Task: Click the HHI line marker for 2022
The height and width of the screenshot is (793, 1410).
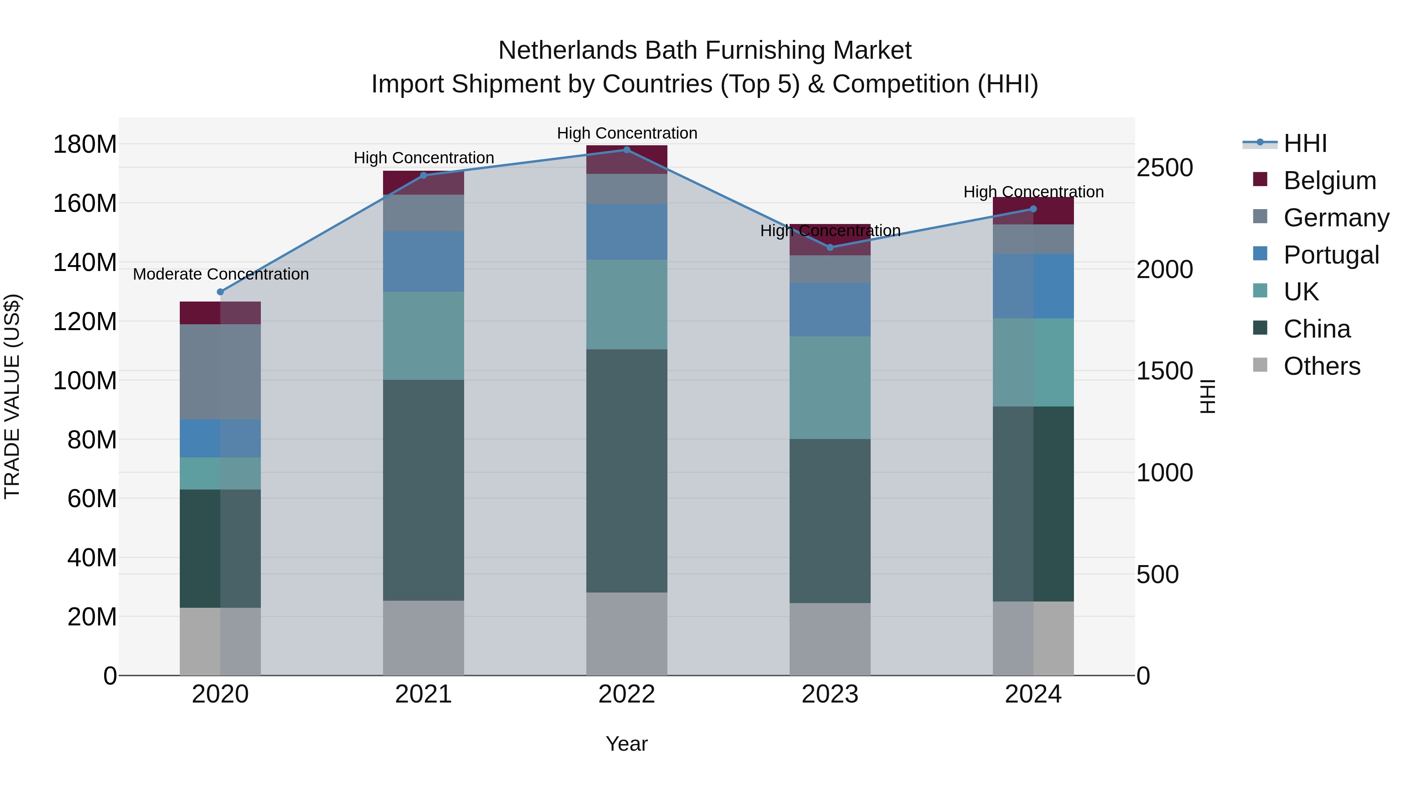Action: [627, 150]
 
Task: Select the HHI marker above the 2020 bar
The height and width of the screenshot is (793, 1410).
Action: [220, 292]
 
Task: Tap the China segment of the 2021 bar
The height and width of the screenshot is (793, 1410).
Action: [423, 490]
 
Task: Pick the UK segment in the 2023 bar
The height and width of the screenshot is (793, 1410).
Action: [830, 387]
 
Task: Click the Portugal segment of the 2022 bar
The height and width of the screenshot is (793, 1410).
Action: [627, 232]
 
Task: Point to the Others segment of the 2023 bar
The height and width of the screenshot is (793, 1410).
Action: [830, 639]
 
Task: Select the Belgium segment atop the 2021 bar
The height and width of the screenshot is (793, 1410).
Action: [423, 183]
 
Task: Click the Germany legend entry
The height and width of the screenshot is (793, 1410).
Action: [1336, 218]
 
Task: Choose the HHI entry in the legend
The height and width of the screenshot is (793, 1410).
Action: [1305, 143]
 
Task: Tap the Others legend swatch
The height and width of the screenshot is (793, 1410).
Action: [1260, 365]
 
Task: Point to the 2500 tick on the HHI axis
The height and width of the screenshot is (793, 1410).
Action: [1164, 168]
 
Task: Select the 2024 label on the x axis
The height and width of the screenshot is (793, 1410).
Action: [1033, 694]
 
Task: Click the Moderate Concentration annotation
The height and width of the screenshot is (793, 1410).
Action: [221, 274]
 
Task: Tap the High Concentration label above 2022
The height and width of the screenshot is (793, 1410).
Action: [627, 133]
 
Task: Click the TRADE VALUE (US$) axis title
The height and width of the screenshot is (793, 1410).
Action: [12, 396]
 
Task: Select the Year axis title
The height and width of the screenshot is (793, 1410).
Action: [626, 744]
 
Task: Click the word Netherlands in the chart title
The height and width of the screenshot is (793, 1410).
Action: [568, 51]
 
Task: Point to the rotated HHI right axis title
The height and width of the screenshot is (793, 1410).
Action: [1208, 396]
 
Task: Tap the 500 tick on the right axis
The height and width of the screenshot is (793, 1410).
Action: [1157, 574]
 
